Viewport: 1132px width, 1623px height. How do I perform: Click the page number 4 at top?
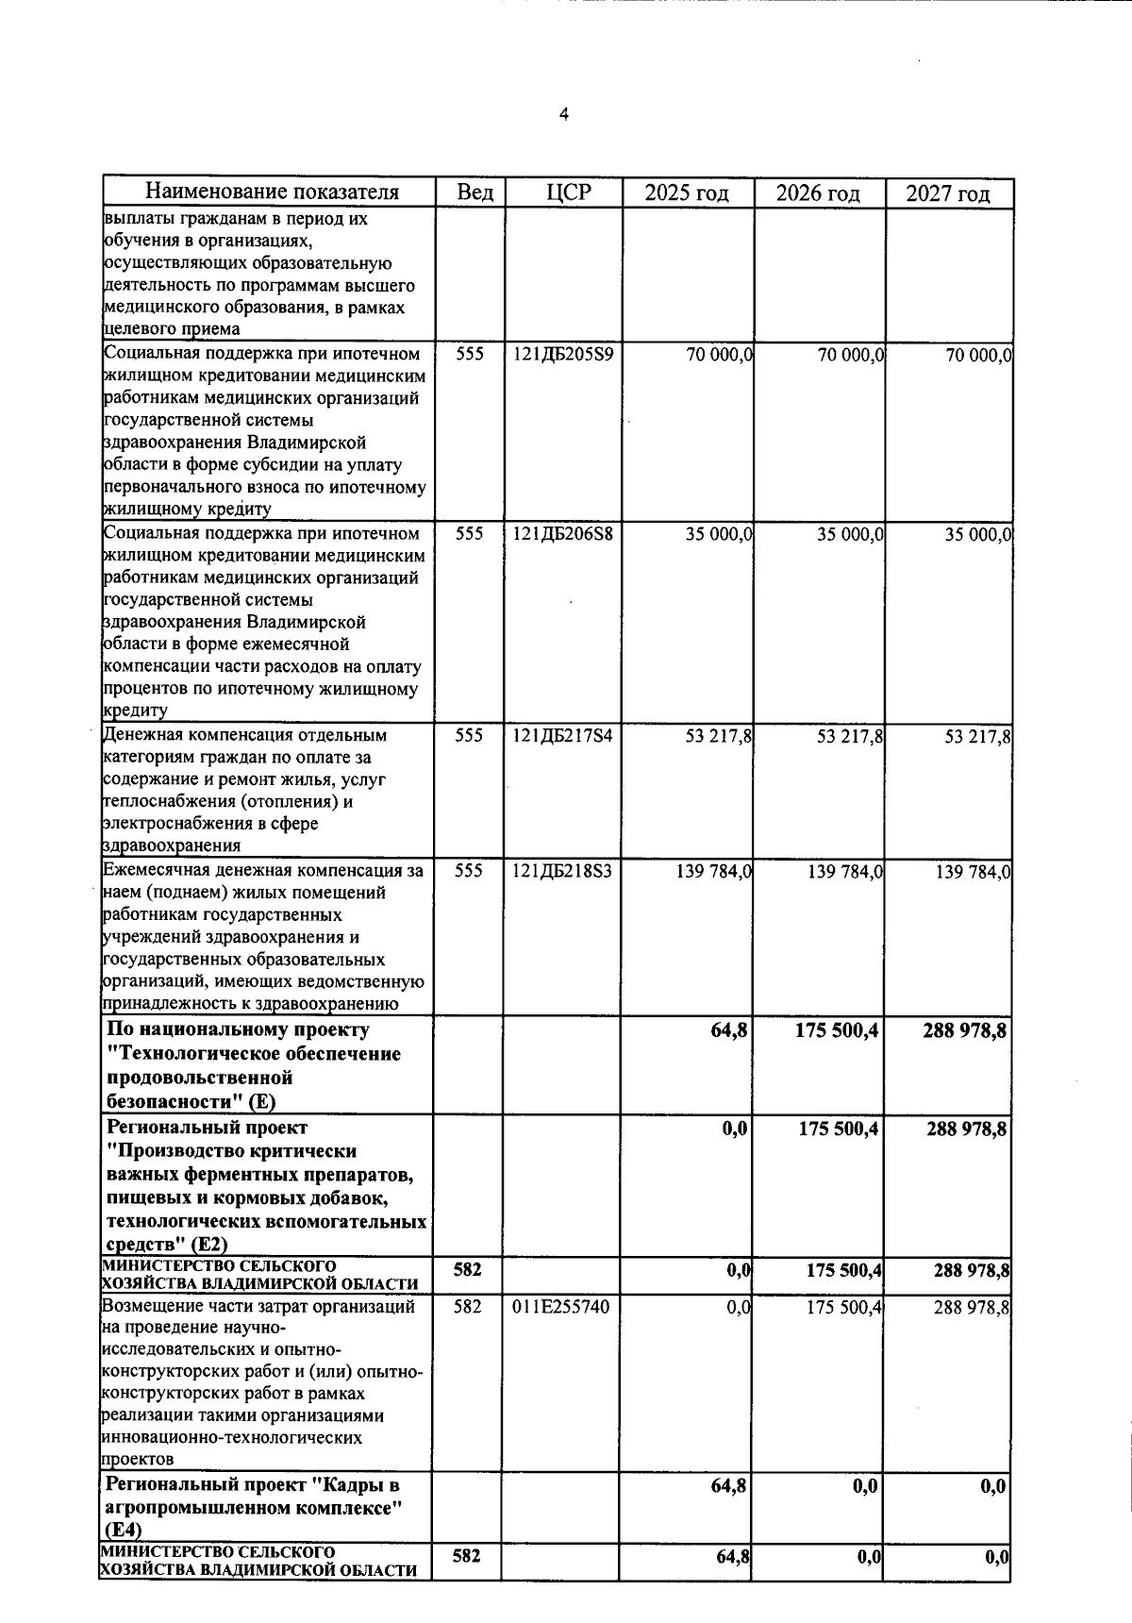(x=564, y=115)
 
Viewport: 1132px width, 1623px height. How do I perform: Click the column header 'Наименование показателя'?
(x=272, y=192)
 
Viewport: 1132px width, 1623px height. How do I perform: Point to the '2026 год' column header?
(x=818, y=193)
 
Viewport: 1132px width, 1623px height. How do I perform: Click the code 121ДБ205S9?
(x=562, y=355)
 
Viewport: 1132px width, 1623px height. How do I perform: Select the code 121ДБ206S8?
(x=562, y=534)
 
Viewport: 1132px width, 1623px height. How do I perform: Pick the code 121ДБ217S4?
(x=562, y=736)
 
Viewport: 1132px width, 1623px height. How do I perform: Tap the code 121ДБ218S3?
(x=562, y=871)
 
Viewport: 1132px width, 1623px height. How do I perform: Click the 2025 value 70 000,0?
(x=719, y=356)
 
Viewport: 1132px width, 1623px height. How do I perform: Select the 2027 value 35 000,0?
(x=978, y=535)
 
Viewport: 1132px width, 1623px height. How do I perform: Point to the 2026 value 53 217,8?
(x=849, y=737)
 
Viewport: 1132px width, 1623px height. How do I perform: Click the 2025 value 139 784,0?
(x=713, y=872)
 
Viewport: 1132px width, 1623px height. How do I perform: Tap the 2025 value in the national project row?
(x=729, y=1030)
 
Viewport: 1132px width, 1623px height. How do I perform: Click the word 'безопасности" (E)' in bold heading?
(x=191, y=1101)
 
